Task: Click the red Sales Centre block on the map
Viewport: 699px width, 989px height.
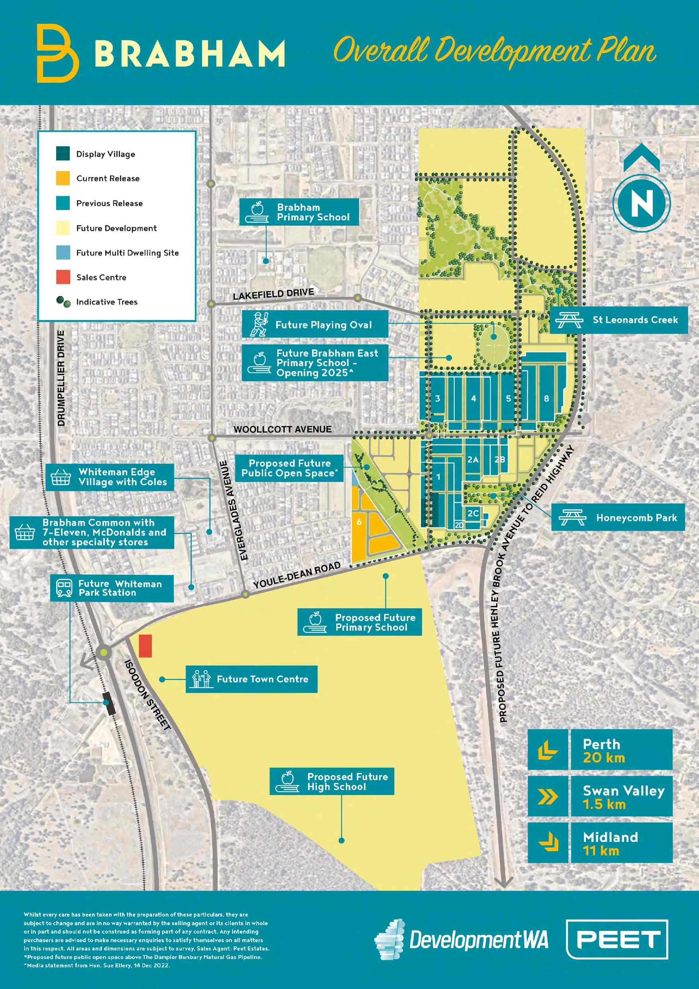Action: click(x=145, y=646)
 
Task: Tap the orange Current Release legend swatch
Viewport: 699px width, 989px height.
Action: click(x=63, y=178)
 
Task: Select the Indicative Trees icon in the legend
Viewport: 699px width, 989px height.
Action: click(x=63, y=302)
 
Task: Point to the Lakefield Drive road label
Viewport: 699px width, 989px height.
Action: click(x=273, y=294)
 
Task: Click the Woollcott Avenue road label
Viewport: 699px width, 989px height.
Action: click(x=282, y=429)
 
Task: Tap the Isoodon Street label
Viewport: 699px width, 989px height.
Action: click(x=148, y=695)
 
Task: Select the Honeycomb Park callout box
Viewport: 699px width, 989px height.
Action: click(x=618, y=517)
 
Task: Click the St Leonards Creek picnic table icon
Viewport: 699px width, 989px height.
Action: click(x=569, y=320)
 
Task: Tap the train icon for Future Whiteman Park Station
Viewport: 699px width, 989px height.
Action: click(x=64, y=588)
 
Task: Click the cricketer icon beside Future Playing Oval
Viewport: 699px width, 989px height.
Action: click(x=259, y=325)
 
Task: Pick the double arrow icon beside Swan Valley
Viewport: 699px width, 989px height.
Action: click(x=548, y=796)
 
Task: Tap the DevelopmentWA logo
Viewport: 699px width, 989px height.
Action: click(x=461, y=940)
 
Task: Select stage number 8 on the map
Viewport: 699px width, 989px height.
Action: click(x=546, y=399)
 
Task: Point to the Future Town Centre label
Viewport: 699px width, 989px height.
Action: click(x=251, y=679)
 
